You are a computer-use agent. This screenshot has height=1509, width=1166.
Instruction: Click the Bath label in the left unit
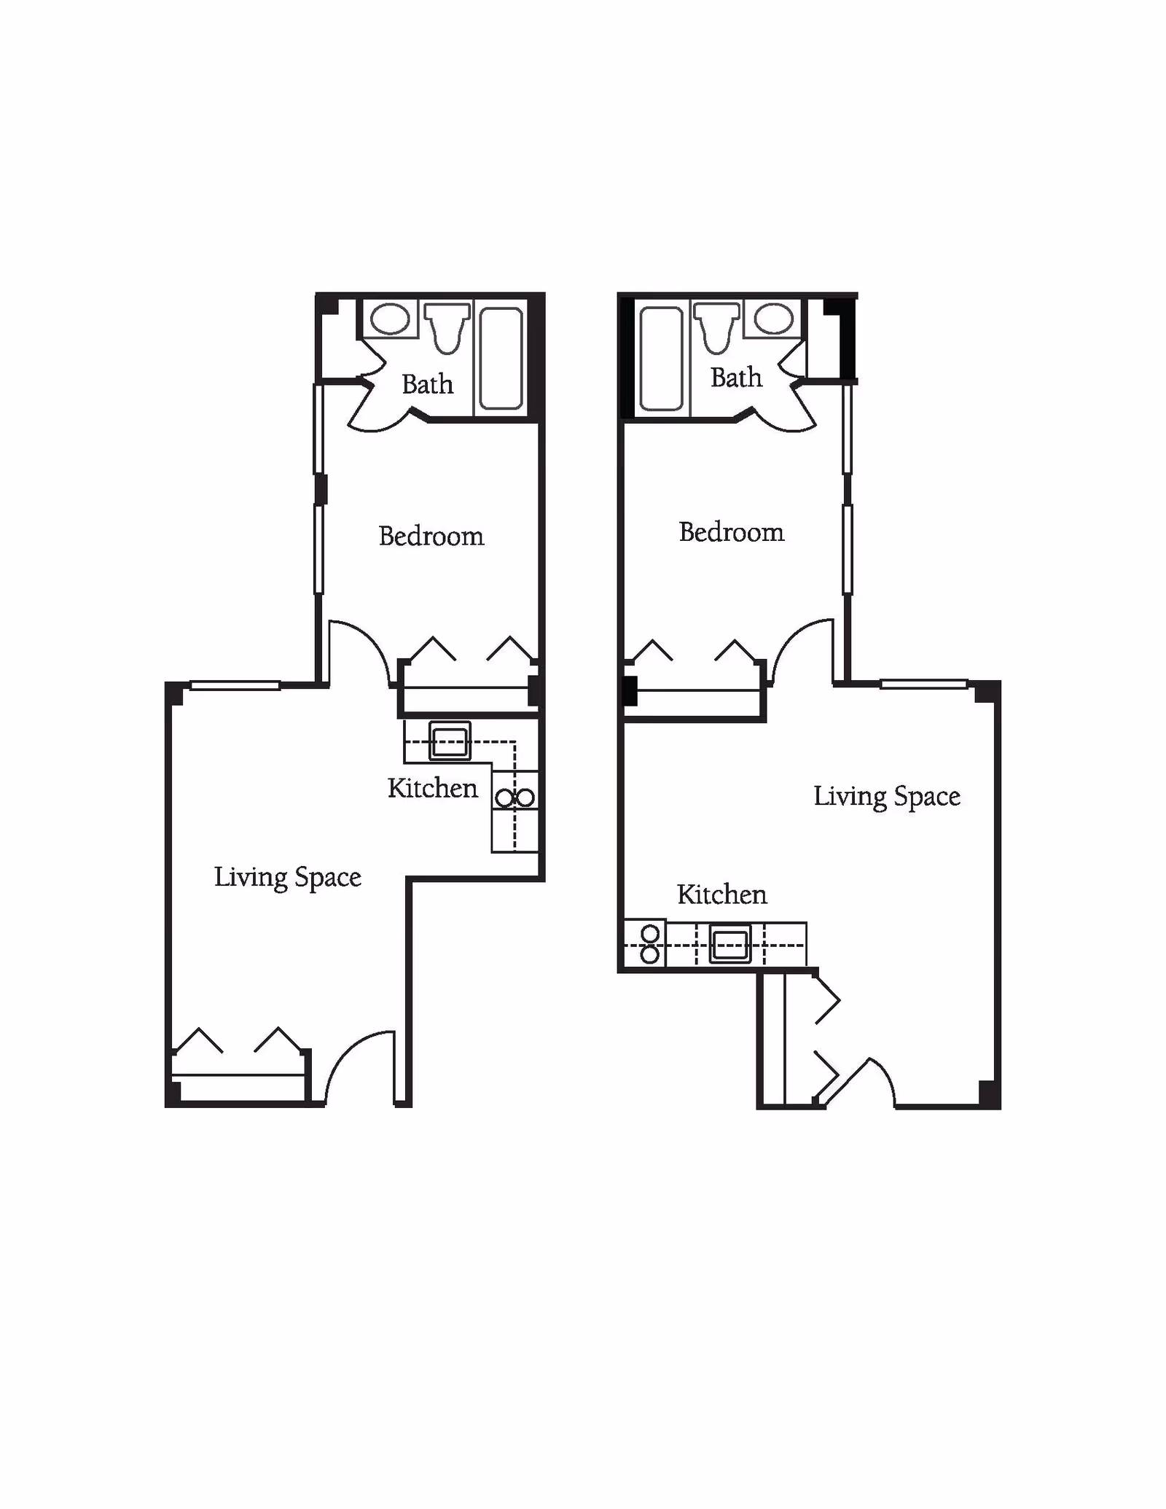click(x=428, y=384)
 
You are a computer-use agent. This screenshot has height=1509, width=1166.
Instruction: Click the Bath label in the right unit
click(x=736, y=378)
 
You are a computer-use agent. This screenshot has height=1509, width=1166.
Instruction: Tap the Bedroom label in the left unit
click(x=431, y=537)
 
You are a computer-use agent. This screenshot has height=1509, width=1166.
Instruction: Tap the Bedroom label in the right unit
click(x=732, y=532)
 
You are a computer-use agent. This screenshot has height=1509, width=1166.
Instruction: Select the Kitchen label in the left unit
click(x=433, y=788)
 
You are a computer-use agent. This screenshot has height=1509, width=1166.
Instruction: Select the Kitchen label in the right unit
click(x=722, y=894)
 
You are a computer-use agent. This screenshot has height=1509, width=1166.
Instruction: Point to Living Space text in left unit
click(x=288, y=878)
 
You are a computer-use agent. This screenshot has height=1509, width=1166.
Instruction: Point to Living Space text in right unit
click(x=887, y=797)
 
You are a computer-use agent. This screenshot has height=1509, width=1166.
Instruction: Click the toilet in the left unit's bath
click(x=447, y=327)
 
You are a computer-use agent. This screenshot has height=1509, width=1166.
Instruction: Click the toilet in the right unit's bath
click(x=718, y=327)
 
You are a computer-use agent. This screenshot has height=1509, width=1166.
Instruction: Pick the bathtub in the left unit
click(x=501, y=358)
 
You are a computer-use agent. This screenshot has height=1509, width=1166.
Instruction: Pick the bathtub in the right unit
click(x=661, y=358)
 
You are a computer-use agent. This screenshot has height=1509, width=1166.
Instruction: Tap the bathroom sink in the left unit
click(x=391, y=319)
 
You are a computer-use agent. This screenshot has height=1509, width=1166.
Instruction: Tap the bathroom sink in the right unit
click(x=773, y=319)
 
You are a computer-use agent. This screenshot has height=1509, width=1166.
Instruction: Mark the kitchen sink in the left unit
click(x=450, y=741)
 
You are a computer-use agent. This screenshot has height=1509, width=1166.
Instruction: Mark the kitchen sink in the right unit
click(x=730, y=945)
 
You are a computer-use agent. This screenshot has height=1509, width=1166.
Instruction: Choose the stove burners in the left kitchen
click(x=515, y=798)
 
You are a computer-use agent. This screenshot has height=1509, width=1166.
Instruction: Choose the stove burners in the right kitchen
click(x=650, y=944)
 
